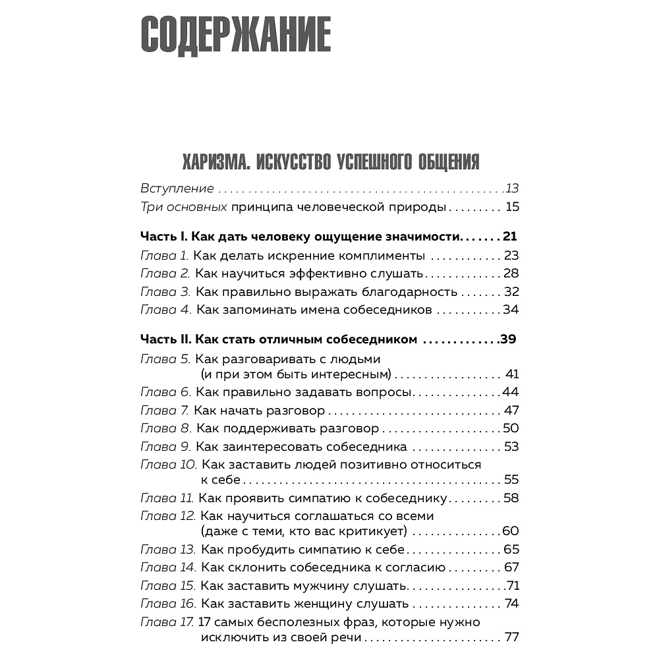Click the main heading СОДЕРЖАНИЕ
click(x=235, y=34)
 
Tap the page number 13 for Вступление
click(x=513, y=188)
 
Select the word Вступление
click(x=177, y=188)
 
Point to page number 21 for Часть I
click(x=510, y=237)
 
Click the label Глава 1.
click(x=165, y=256)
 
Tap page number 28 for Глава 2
click(x=511, y=273)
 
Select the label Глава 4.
click(x=165, y=310)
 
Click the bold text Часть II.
click(x=165, y=340)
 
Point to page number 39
click(x=508, y=340)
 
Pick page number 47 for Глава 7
click(x=511, y=411)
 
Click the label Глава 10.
click(x=168, y=464)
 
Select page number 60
click(x=511, y=531)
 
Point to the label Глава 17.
click(x=167, y=621)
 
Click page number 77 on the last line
click(x=511, y=637)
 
